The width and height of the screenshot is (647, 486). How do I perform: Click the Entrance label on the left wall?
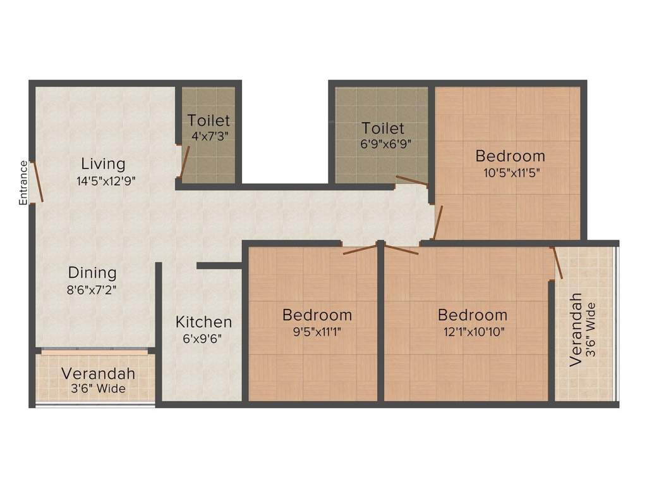click(23, 183)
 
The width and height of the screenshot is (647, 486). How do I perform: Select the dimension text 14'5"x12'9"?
click(106, 180)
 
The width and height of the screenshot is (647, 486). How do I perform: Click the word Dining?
click(92, 273)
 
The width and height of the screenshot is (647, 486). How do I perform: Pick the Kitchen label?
click(203, 321)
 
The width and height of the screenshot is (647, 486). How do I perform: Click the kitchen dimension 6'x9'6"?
click(202, 338)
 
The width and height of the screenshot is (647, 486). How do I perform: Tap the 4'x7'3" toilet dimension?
click(209, 135)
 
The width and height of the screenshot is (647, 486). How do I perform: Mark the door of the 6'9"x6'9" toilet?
click(411, 180)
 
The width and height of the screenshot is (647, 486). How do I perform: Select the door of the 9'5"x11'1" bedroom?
click(360, 248)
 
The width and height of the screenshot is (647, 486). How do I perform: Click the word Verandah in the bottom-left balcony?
click(98, 373)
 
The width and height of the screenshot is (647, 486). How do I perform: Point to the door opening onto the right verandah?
click(557, 263)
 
